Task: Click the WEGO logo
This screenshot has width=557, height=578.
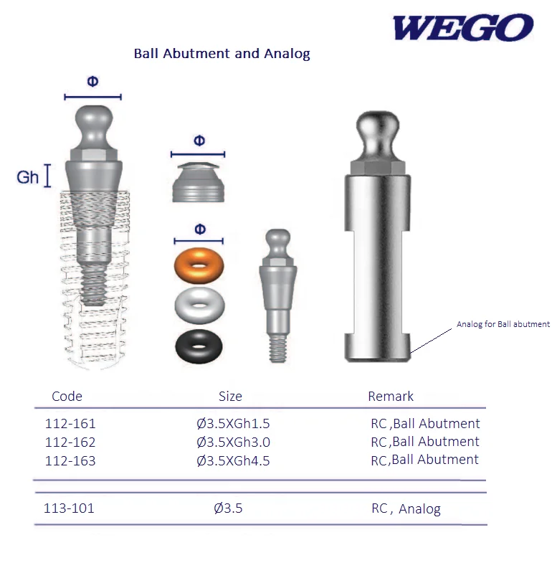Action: [x=462, y=28]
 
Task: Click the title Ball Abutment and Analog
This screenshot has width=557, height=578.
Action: [x=222, y=54]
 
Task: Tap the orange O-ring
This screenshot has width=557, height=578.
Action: [x=199, y=266]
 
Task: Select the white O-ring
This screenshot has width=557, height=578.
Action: [x=199, y=305]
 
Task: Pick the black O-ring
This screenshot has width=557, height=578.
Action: [x=199, y=346]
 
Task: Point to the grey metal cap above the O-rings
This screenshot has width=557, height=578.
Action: [x=198, y=184]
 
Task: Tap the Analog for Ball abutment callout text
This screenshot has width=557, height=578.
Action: [x=503, y=324]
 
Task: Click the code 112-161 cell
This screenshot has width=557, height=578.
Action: [x=70, y=424]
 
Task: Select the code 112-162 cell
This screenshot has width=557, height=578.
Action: [x=70, y=442]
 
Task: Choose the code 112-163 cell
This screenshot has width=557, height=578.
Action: [x=70, y=460]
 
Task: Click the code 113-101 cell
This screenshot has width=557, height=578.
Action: [x=69, y=508]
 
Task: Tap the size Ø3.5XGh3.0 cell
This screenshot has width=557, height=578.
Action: [x=233, y=442]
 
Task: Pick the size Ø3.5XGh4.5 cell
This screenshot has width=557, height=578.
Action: [x=233, y=460]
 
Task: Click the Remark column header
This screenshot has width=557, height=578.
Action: [x=391, y=396]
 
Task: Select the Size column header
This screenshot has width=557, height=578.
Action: [x=230, y=396]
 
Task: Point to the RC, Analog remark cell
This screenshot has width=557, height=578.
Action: [x=406, y=509]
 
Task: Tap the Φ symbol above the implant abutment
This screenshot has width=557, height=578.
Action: [x=92, y=81]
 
